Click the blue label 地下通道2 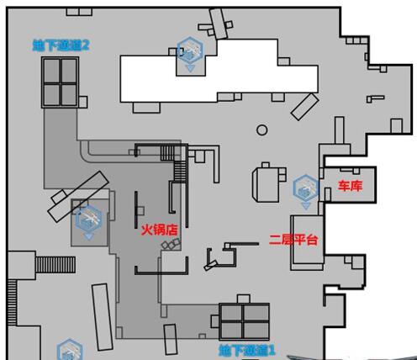point(61,45)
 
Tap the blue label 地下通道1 point(246,350)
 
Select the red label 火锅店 point(159,230)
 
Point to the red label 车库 point(350,186)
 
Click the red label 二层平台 point(293,240)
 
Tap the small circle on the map point(262,130)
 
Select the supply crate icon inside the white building point(190,54)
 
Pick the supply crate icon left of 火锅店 point(88,222)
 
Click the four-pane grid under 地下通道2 point(60,82)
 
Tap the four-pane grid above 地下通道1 point(244,321)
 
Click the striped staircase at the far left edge point(12,302)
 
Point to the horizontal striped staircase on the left point(55,265)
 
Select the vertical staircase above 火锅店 point(180,172)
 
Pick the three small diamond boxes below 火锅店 point(171,244)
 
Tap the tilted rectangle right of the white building point(305,107)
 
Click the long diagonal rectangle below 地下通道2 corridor point(78,197)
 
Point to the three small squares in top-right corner point(356,40)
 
